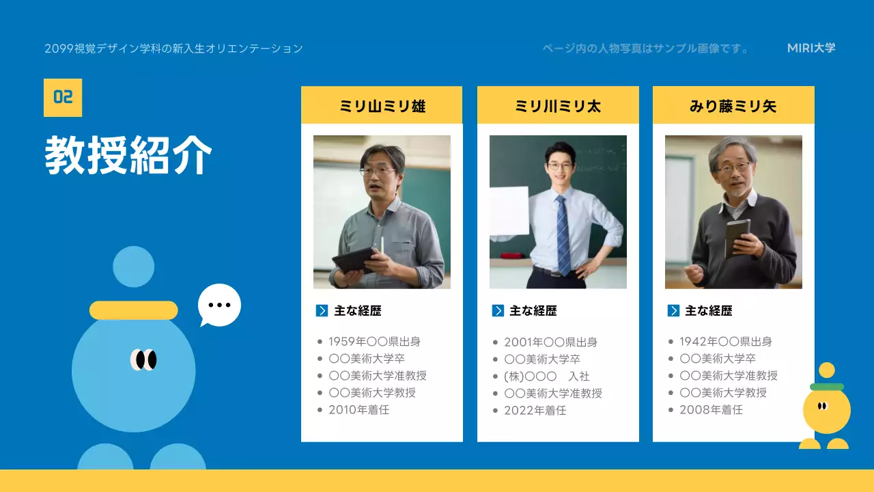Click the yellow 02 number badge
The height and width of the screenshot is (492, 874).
(63, 97)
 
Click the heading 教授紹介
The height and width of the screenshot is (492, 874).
(128, 156)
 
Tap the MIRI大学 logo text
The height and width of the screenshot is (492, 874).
(811, 48)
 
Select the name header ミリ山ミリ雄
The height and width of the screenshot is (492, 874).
(382, 106)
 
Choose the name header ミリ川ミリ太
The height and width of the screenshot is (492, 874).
(558, 106)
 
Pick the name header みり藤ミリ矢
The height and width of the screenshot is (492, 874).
(733, 106)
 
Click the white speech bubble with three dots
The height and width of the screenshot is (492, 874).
(219, 305)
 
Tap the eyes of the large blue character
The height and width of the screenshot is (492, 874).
(144, 359)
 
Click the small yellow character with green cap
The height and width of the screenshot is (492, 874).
(826, 409)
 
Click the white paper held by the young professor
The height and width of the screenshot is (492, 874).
(509, 211)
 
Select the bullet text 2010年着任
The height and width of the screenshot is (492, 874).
(358, 410)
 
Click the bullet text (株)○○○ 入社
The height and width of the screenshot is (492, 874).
(546, 377)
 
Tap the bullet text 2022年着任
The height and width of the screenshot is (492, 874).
(535, 411)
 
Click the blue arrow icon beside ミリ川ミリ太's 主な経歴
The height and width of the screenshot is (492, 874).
(498, 311)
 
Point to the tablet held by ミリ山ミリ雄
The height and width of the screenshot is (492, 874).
(354, 260)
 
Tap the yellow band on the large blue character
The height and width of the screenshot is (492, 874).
(134, 310)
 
